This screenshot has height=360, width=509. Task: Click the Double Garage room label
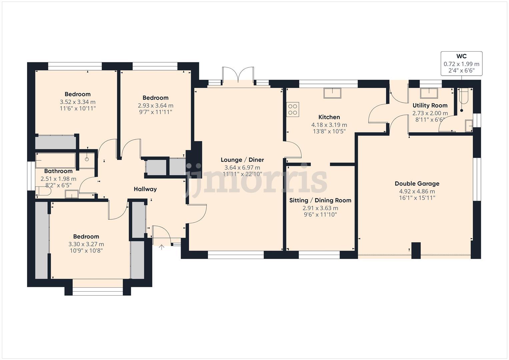click(417, 183)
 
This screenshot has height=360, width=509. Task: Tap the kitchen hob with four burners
click(293, 109)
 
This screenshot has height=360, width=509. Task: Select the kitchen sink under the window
click(332, 93)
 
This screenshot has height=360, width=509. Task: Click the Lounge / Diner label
click(242, 160)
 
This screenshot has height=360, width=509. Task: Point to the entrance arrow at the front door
click(162, 247)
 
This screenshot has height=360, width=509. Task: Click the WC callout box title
click(461, 56)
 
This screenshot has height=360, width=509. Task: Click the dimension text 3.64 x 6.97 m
click(242, 168)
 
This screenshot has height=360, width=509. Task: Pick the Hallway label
click(145, 189)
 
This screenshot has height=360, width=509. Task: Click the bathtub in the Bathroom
click(55, 160)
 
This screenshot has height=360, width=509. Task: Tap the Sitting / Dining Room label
click(320, 200)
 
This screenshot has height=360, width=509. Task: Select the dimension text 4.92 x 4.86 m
click(417, 191)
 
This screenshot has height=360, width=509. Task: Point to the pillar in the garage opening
click(416, 250)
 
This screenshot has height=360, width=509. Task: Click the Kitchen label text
click(329, 117)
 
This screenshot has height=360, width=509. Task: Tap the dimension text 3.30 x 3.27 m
click(86, 244)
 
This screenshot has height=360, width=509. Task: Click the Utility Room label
click(430, 105)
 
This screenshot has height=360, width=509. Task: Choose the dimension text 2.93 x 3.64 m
click(155, 106)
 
